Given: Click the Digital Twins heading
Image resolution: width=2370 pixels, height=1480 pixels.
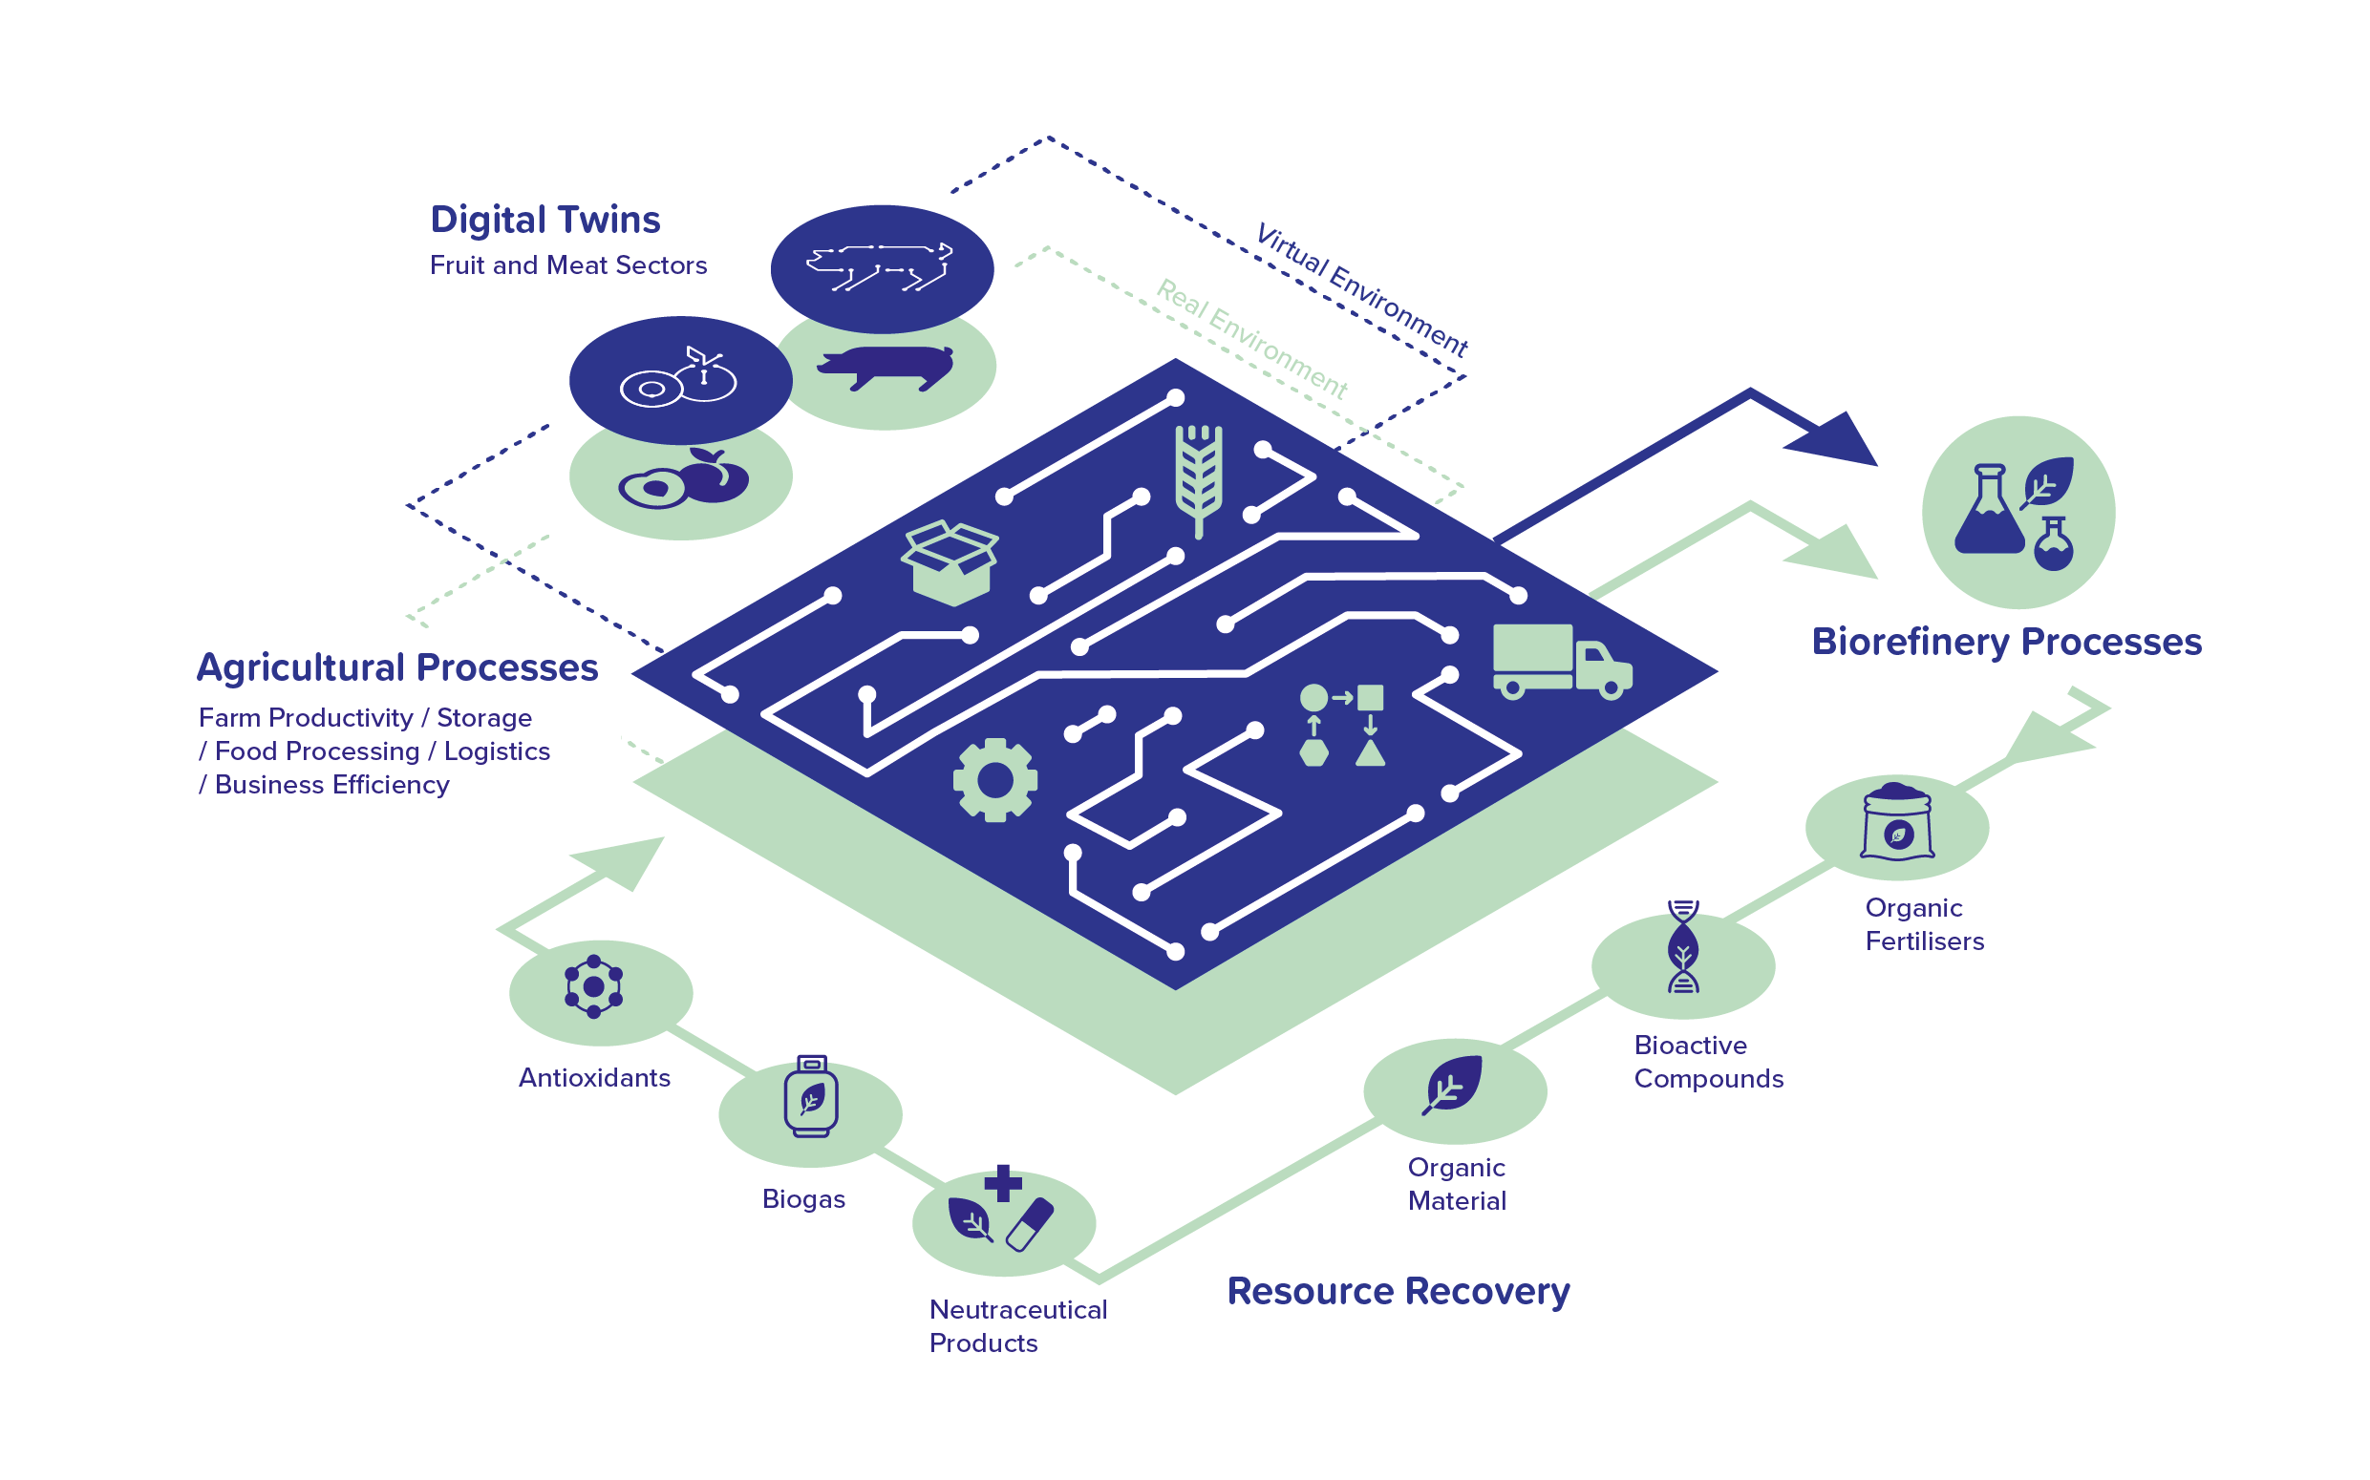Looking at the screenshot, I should point(545,220).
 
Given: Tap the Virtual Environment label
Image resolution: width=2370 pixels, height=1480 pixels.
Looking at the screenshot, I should point(1361,289).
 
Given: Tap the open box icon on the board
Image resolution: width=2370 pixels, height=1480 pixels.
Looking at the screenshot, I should point(949,562).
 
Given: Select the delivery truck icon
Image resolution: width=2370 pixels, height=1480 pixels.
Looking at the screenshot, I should point(1560,663).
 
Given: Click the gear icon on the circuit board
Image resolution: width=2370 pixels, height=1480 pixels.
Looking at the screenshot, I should point(995,780).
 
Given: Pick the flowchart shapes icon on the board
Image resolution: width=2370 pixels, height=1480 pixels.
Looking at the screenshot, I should point(1343,726).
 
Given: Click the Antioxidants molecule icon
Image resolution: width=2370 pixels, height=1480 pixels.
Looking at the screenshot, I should point(593,986).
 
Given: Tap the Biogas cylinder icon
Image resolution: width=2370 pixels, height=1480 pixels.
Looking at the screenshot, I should point(811,1096).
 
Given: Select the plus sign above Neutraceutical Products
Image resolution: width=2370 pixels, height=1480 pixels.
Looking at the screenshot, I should point(1003,1182).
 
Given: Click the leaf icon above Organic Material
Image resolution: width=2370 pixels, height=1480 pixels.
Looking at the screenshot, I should point(1453,1085).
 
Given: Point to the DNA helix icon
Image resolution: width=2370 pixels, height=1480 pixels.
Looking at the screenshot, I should point(1682,946).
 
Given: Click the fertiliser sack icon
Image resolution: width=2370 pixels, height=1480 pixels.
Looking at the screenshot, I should point(1897,822).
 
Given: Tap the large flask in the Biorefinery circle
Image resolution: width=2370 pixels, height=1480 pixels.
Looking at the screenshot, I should point(1987,511).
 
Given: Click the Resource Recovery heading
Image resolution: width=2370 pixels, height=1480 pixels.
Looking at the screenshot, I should point(1398,1291).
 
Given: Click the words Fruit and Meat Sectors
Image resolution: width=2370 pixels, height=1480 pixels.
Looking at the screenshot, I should point(568,265).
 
